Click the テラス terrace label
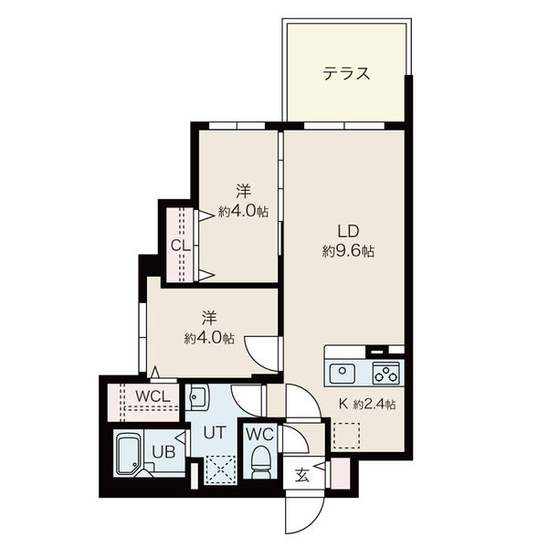pyautogui.click(x=346, y=74)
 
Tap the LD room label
pyautogui.click(x=348, y=231)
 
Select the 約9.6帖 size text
pyautogui.click(x=348, y=251)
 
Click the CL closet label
pyautogui.click(x=180, y=246)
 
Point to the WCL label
pyautogui.click(x=153, y=396)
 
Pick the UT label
pyautogui.click(x=215, y=433)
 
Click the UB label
pyautogui.click(x=163, y=452)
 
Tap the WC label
pyautogui.click(x=259, y=435)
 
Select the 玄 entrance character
pyautogui.click(x=302, y=475)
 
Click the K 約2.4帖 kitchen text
pyautogui.click(x=367, y=405)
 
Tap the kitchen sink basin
pyautogui.click(x=342, y=374)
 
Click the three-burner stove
pyautogui.click(x=385, y=374)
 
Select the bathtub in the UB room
pyautogui.click(x=128, y=453)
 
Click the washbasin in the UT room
pyautogui.click(x=196, y=396)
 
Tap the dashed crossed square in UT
pyautogui.click(x=220, y=470)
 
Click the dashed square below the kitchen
pyautogui.click(x=346, y=436)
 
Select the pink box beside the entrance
pyautogui.click(x=340, y=473)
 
